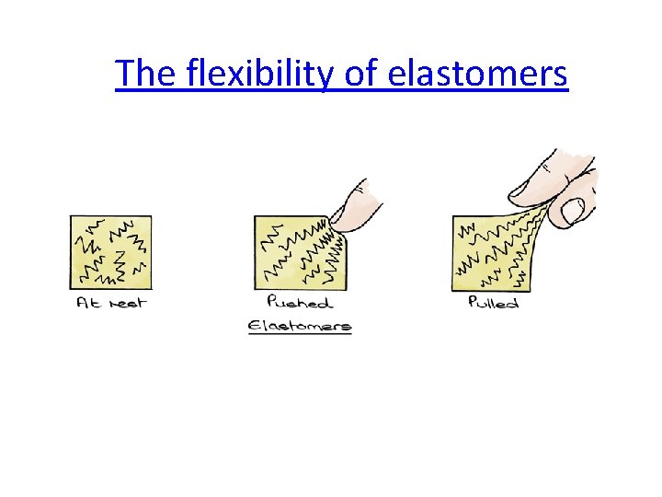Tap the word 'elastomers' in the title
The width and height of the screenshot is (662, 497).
478,74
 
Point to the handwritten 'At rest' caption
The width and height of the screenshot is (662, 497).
110,303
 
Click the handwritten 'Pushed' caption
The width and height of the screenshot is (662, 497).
300,302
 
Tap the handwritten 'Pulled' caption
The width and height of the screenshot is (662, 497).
493,303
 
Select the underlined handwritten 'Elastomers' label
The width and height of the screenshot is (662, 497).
300,324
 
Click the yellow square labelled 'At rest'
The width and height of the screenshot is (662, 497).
110,252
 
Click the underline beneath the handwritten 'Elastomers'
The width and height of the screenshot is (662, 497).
300,333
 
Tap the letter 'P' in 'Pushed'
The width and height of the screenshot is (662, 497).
272,302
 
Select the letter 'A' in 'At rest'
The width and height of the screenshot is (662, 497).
82,303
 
